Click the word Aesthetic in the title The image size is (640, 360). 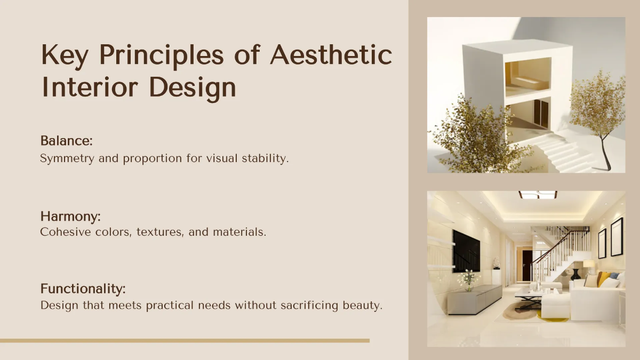click(x=331, y=55)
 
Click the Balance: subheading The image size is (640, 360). click(x=67, y=141)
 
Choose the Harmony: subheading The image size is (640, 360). click(x=70, y=217)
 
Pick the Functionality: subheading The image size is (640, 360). click(x=83, y=289)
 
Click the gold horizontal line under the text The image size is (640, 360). click(x=185, y=340)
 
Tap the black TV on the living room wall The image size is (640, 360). click(x=465, y=251)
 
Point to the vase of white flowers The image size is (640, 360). click(x=468, y=278)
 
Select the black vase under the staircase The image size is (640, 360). click(x=575, y=274)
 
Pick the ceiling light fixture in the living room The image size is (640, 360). click(x=537, y=195)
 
